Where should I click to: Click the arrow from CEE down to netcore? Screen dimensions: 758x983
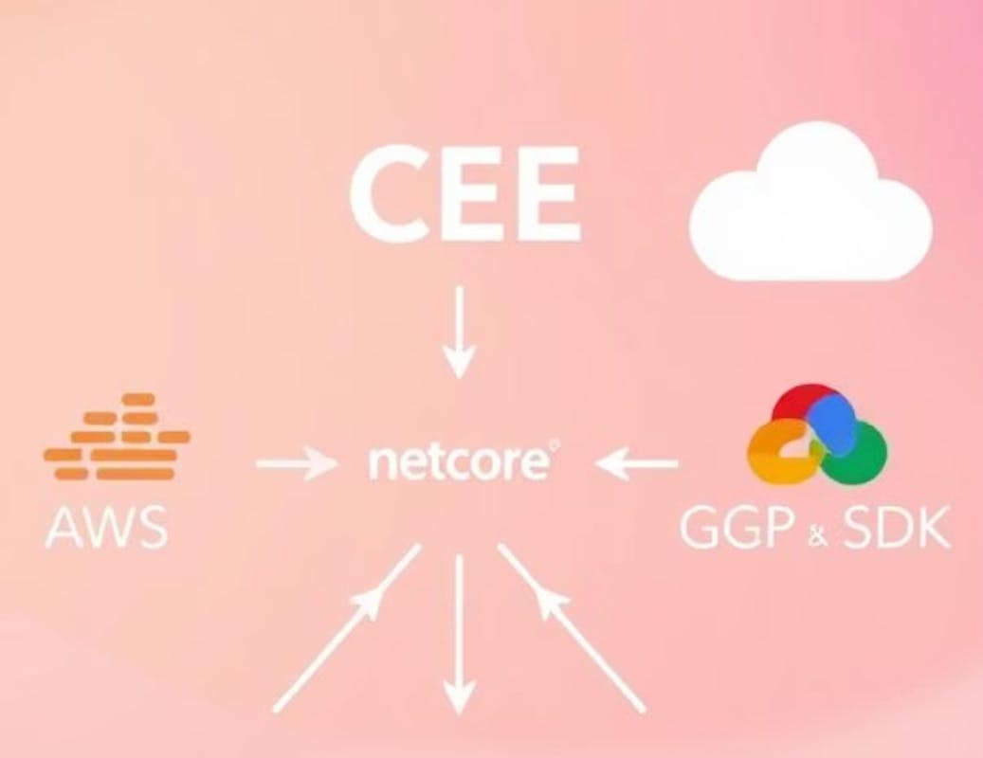(459, 332)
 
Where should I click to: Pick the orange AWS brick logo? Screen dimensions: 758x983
(117, 437)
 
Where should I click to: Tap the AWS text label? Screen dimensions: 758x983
(106, 529)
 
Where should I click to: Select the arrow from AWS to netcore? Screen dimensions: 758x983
(297, 464)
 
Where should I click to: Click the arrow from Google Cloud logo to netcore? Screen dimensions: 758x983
(638, 464)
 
